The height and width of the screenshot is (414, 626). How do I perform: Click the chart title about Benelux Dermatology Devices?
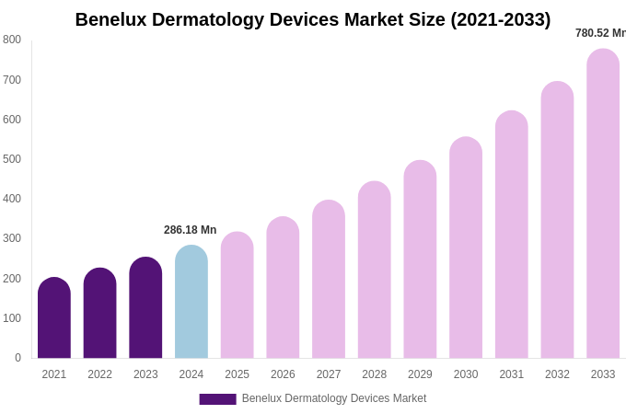313,19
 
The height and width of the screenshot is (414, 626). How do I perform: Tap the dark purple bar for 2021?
54,318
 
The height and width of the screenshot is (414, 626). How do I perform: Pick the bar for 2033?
603,204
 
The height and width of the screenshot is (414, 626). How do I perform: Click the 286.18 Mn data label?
191,230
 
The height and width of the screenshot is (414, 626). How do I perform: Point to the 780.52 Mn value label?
600,33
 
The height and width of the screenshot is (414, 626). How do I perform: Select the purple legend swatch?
217,399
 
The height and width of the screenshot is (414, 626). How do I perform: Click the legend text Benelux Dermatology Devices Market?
334,398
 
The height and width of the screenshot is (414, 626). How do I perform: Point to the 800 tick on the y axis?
12,40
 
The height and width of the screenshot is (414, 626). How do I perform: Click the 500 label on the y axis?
12,159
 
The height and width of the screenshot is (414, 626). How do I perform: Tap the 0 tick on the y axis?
17,358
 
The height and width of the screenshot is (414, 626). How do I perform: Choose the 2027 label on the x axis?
329,374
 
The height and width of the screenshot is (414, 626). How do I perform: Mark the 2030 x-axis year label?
466,374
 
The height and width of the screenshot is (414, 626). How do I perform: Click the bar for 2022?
99,314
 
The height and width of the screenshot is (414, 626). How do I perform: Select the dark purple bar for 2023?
145,308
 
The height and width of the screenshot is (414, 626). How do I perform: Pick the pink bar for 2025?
238,295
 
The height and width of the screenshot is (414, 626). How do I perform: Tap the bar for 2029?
420,259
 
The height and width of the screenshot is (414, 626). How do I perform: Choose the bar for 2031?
512,235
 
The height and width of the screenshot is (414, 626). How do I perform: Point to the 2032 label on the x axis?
557,374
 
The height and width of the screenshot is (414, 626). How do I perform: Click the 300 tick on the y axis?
12,238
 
